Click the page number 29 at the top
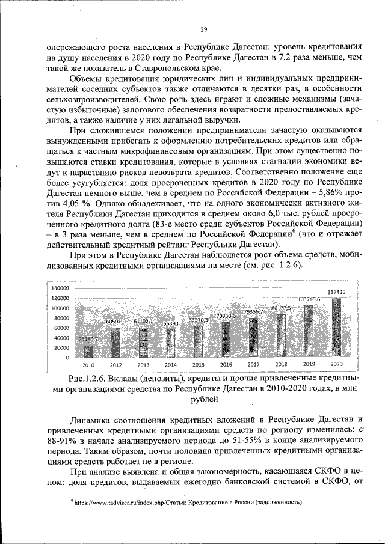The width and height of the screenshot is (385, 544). click(203, 30)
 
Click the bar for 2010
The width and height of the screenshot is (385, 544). click(88, 350)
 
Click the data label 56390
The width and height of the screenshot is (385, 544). click(171, 323)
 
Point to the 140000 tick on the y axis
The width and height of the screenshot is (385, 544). click(60, 289)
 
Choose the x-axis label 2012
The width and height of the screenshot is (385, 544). click(116, 365)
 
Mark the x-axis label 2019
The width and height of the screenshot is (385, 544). click(309, 365)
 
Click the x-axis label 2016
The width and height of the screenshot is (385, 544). click(226, 365)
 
